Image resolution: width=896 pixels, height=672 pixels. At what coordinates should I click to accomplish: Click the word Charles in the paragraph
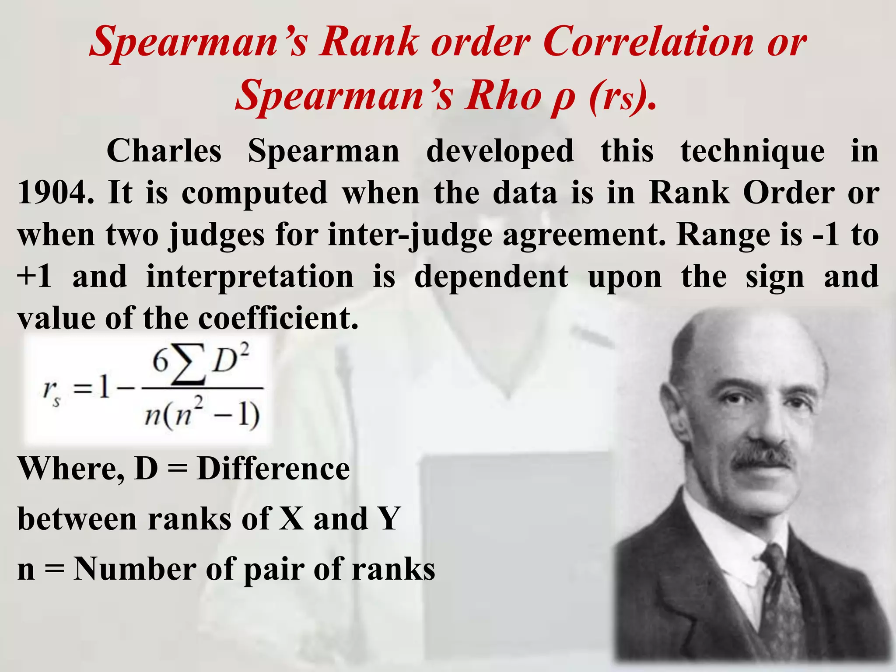click(164, 151)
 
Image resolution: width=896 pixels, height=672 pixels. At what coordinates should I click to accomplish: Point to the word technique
click(752, 151)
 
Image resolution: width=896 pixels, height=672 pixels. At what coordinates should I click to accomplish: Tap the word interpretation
click(250, 276)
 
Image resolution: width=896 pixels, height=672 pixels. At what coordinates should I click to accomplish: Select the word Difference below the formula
click(273, 469)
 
